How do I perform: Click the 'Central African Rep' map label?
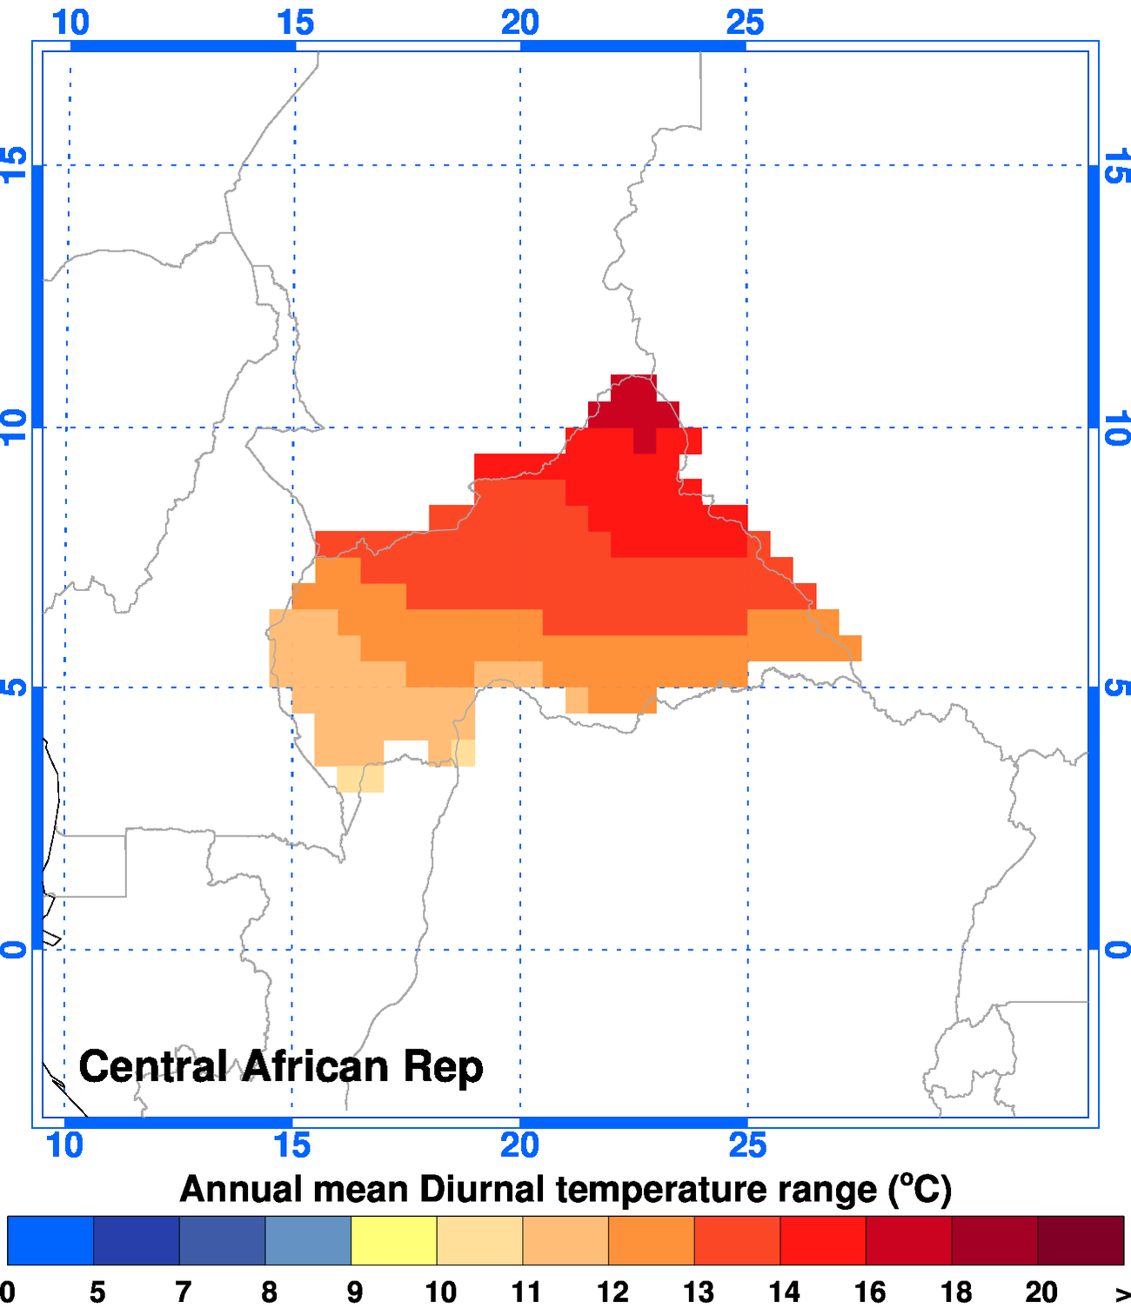(x=280, y=1067)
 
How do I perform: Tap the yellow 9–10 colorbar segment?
(x=393, y=1240)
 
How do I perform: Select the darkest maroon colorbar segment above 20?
(x=1081, y=1240)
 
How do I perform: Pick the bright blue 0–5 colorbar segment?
(x=50, y=1240)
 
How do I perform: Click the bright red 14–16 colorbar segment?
(x=822, y=1240)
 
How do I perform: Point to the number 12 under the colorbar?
(x=612, y=1292)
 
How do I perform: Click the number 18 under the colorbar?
(x=955, y=1292)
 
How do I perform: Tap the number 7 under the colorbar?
(x=183, y=1292)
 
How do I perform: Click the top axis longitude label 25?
(x=745, y=23)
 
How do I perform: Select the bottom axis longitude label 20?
(x=519, y=1145)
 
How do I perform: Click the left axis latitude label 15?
(x=15, y=164)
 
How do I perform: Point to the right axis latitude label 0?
(x=1116, y=950)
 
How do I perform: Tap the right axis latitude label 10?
(x=1116, y=427)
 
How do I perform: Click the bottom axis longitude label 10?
(x=65, y=1145)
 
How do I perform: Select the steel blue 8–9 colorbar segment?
(x=308, y=1240)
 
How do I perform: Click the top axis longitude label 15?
(x=295, y=23)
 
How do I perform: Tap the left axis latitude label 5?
(x=15, y=688)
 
